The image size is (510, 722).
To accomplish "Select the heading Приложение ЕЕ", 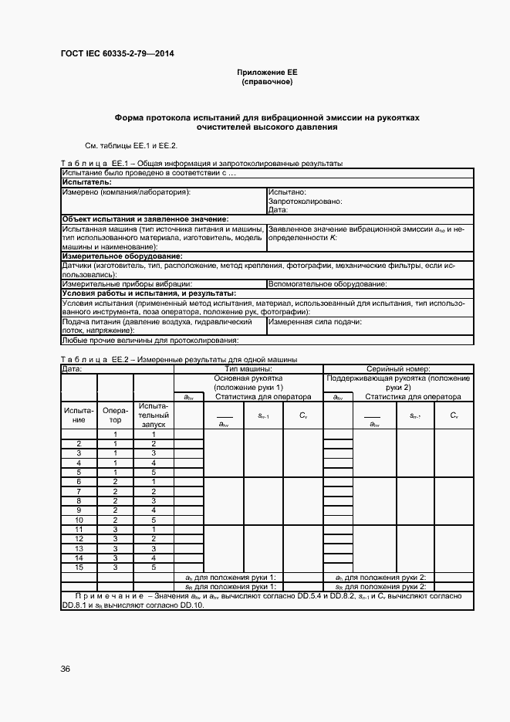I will tap(267, 72).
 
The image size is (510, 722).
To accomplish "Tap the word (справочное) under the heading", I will tap(267, 81).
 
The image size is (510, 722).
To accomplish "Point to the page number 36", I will tap(66, 669).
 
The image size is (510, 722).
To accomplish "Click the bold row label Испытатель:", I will tap(87, 182).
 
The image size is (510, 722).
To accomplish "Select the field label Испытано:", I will tap(288, 192).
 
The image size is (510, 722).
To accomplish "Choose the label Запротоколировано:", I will tap(305, 201).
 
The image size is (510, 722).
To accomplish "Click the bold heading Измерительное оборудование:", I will tap(122, 256).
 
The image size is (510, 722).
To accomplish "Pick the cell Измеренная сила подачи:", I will tap(315, 321).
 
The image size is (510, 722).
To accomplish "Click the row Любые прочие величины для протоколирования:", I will tap(150, 340).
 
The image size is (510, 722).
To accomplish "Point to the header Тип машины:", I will tap(248, 368).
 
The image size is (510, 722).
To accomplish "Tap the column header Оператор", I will tap(115, 415).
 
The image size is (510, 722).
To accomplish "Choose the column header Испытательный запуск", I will tap(153, 415).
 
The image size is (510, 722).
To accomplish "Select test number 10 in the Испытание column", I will tap(79, 520).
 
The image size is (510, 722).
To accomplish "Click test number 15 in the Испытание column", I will tap(79, 567).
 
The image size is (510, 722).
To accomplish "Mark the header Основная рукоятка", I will tap(248, 378).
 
